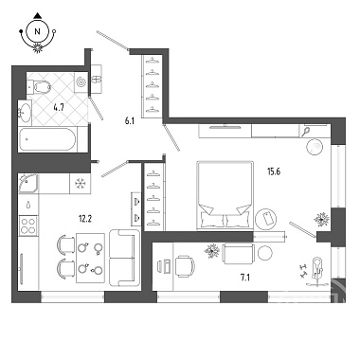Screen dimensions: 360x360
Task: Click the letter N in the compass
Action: (38, 31)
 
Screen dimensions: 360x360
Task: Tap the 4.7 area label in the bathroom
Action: (59, 107)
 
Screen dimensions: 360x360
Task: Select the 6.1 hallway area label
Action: (130, 120)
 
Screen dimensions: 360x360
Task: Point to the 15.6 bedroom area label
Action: (274, 171)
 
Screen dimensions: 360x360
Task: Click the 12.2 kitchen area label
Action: (85, 218)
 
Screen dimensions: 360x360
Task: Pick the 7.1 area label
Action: (245, 278)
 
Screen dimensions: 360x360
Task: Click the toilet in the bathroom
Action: (39, 86)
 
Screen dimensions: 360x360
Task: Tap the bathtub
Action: (48, 139)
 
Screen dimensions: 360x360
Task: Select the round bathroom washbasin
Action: (25, 112)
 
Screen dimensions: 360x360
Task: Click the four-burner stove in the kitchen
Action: (28, 225)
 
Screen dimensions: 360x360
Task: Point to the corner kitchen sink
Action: (28, 183)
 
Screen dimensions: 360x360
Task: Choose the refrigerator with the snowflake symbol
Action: (80, 183)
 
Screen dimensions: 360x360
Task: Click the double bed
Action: (225, 195)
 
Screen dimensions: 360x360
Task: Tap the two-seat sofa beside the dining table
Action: (124, 258)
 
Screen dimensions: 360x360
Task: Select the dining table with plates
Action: (90, 258)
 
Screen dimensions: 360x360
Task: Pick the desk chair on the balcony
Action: (185, 266)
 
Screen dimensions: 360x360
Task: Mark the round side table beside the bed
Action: (266, 219)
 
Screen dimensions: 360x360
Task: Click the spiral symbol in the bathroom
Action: (81, 82)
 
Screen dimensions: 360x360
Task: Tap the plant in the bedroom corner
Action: (321, 219)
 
